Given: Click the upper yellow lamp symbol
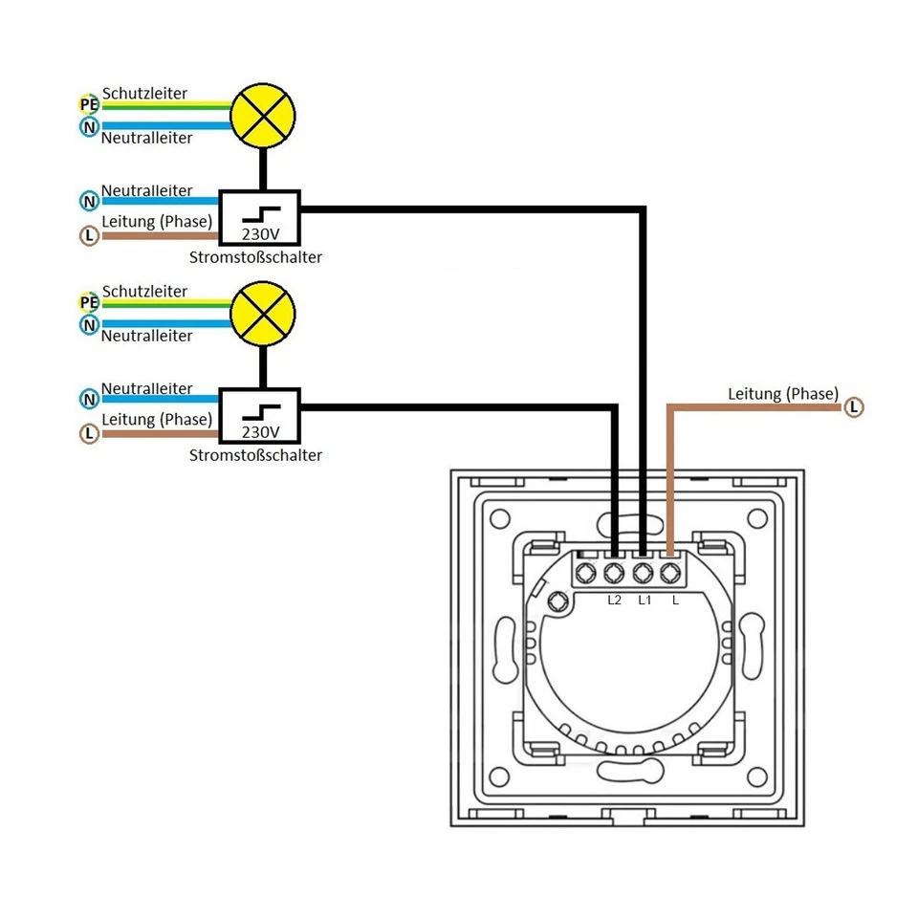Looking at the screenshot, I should point(263,116).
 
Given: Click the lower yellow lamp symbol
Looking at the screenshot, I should point(263,314).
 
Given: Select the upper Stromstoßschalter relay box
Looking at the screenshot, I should point(260,216).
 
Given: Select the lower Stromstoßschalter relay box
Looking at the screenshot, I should point(260,414).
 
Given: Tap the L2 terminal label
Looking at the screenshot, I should point(614,601).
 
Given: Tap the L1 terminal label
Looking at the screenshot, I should point(644,601).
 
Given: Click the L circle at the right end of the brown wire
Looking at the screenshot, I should point(854,408).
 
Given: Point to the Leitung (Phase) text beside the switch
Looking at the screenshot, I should point(782,393).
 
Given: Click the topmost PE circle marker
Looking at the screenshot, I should point(89,104).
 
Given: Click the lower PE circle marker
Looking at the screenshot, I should point(89,302).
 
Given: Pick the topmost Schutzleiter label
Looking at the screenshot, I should point(144,94).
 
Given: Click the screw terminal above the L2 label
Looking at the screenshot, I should point(613,574).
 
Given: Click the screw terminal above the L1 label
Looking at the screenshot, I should point(643,574).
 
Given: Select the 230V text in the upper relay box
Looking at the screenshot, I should point(260,232).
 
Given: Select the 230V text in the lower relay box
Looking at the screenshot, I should point(260,431).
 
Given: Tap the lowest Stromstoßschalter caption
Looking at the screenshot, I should point(255,455).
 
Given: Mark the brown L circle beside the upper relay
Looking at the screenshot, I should point(89,234).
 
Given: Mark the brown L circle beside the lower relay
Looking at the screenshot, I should point(89,433).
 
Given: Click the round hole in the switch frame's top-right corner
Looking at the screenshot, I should point(757,518).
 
